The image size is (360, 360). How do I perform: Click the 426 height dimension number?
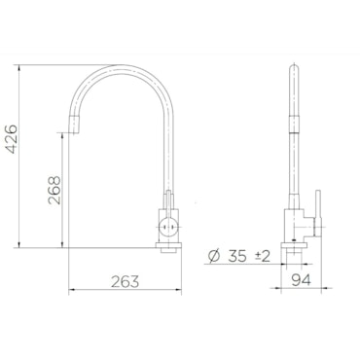(13, 138)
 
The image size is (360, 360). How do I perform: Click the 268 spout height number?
(54, 190)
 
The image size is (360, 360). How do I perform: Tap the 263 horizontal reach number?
(126, 281)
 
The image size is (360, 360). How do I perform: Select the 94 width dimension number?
(301, 279)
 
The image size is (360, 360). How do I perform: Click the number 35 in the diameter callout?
(237, 256)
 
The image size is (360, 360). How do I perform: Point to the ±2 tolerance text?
(263, 257)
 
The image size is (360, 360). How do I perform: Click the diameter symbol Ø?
(214, 256)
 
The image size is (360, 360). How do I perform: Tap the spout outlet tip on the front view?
(75, 132)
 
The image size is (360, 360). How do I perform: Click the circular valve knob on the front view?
(167, 226)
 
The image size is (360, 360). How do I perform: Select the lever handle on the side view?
(318, 213)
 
